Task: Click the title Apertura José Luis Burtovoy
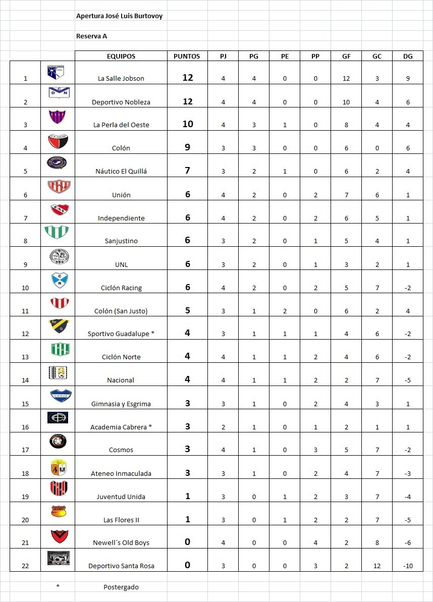click(x=119, y=16)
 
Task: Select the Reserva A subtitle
click(x=91, y=36)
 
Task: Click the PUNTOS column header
click(x=187, y=57)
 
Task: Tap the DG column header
click(x=407, y=57)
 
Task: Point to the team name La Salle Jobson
click(x=121, y=78)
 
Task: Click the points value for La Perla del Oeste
click(x=187, y=124)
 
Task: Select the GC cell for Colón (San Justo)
click(x=377, y=311)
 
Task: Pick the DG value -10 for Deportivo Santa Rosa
click(x=408, y=566)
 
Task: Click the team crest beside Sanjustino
click(x=58, y=233)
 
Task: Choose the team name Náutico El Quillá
click(x=121, y=171)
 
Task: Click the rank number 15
click(x=25, y=404)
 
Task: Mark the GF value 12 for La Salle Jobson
click(x=346, y=78)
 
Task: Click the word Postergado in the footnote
click(x=121, y=587)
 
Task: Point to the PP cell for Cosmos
click(x=315, y=450)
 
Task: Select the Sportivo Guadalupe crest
click(x=58, y=326)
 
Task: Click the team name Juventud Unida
click(x=121, y=497)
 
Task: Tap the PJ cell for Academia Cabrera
click(x=223, y=427)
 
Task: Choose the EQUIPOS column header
click(x=121, y=57)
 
